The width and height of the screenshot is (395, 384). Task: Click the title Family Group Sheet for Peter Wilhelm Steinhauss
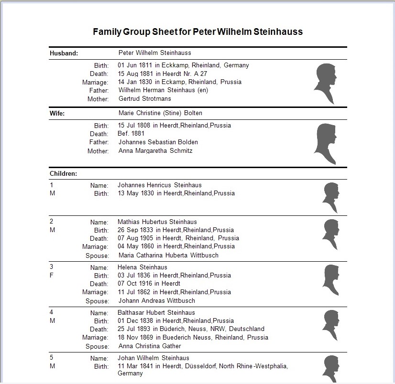(x=197, y=32)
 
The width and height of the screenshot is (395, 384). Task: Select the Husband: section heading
(x=64, y=53)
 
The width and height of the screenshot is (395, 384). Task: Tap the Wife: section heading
(x=57, y=114)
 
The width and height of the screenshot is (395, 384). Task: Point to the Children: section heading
(x=64, y=173)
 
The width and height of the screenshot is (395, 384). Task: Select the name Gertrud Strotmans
(x=144, y=99)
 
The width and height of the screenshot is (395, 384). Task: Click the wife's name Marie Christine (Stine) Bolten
(x=160, y=113)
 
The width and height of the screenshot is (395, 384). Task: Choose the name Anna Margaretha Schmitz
(x=155, y=151)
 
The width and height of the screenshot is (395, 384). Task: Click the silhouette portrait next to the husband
(x=325, y=83)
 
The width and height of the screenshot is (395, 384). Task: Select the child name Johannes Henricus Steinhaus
(x=160, y=185)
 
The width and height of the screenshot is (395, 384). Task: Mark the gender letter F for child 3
(x=52, y=276)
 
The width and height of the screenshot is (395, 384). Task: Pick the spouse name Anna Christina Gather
(x=150, y=346)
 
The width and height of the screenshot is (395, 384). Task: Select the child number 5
(x=52, y=358)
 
